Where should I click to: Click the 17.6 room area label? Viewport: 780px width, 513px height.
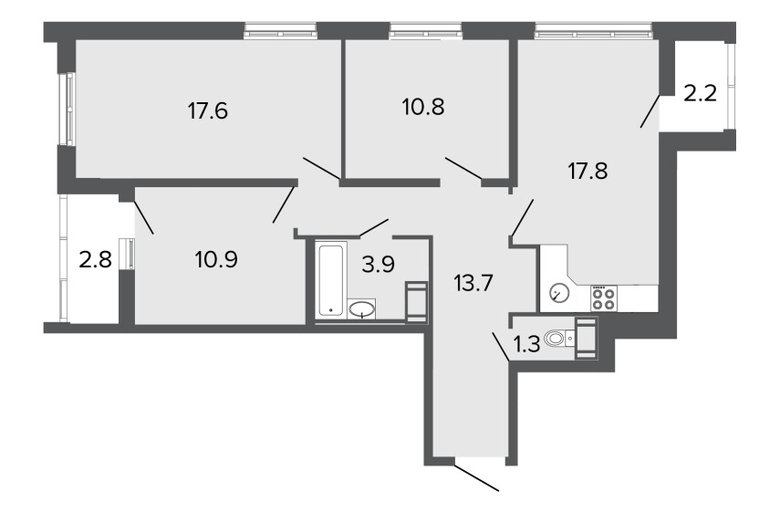(208, 110)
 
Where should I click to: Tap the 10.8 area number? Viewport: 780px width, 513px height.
(423, 107)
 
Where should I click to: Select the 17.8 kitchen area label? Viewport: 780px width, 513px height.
(588, 172)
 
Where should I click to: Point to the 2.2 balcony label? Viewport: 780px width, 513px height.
(700, 92)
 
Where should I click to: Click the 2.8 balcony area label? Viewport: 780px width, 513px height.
(96, 260)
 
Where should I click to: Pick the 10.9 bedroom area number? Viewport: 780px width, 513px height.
(216, 259)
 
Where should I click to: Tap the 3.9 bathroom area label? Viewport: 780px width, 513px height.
(378, 264)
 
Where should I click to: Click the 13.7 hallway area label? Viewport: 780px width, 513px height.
(473, 284)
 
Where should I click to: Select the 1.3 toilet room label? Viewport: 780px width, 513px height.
(526, 344)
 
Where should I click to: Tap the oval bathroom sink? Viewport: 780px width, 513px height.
(361, 309)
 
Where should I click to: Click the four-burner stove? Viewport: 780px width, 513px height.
(604, 298)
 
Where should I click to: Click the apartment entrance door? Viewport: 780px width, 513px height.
(476, 477)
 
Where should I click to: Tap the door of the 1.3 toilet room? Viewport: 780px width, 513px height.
(501, 347)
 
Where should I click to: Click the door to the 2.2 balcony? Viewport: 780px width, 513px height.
(650, 110)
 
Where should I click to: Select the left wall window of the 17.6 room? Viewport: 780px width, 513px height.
(68, 109)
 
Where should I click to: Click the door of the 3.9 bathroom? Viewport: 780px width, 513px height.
(374, 226)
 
